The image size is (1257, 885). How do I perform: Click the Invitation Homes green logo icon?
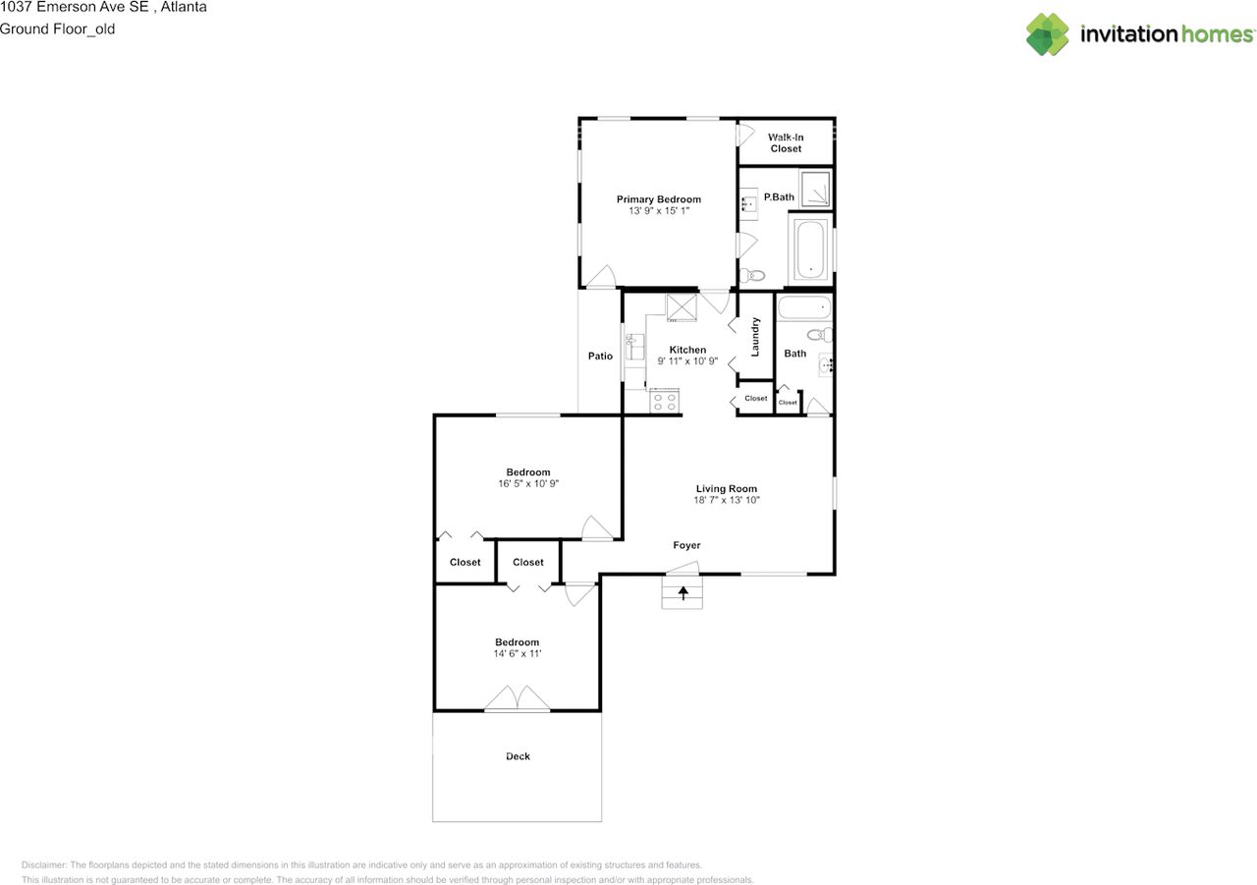tap(1047, 34)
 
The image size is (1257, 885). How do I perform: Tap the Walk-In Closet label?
tap(786, 143)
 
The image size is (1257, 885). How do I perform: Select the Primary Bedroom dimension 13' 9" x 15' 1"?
tap(659, 211)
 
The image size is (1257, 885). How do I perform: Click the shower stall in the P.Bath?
tap(815, 188)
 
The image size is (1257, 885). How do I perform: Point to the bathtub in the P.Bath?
tap(811, 249)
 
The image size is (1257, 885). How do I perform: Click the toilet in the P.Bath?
tap(752, 276)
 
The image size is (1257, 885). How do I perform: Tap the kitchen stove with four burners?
tap(665, 402)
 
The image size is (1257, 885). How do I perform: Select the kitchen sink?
tap(635, 347)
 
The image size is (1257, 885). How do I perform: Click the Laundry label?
tap(755, 337)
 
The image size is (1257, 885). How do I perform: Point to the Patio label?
tap(600, 356)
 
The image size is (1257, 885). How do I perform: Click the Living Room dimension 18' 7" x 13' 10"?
tap(727, 500)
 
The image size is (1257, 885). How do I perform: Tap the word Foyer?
tap(686, 545)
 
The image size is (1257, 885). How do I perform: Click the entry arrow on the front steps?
tap(683, 593)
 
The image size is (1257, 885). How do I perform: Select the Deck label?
tap(518, 756)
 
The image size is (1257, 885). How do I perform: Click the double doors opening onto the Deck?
tap(517, 698)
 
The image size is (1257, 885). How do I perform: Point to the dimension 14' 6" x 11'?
tap(518, 653)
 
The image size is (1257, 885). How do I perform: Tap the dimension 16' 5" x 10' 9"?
tap(528, 483)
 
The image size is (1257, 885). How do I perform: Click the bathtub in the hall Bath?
tap(804, 307)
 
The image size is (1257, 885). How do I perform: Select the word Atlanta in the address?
tap(184, 7)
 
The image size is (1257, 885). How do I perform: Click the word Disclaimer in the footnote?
tap(44, 864)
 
